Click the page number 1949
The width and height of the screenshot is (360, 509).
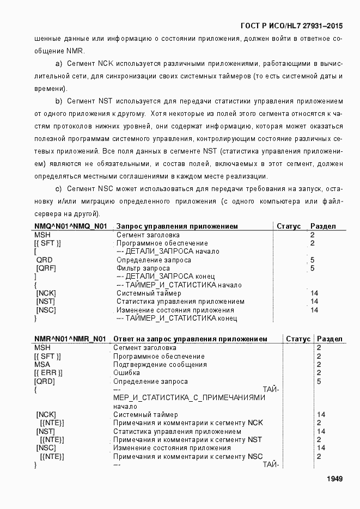[334, 479]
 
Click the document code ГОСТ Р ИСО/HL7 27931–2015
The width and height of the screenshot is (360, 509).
[291, 26]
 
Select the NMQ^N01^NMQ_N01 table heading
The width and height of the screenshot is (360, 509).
[71, 226]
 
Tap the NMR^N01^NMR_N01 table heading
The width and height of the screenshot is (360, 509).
[70, 339]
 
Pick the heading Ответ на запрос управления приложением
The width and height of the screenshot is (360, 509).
[190, 339]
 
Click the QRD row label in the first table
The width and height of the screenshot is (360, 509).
[44, 260]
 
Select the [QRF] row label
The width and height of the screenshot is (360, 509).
[46, 268]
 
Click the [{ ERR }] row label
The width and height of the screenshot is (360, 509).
[48, 373]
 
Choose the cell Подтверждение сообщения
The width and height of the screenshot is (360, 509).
[160, 365]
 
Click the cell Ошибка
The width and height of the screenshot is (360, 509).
[126, 373]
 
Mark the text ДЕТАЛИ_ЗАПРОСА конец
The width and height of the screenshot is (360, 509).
[169, 277]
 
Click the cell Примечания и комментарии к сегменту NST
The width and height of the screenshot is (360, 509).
[187, 439]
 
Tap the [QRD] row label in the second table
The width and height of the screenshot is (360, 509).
[45, 382]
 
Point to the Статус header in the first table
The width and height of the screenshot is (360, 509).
[289, 226]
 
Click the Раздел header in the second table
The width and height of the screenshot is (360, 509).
[330, 339]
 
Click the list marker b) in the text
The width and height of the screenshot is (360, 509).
[58, 101]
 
